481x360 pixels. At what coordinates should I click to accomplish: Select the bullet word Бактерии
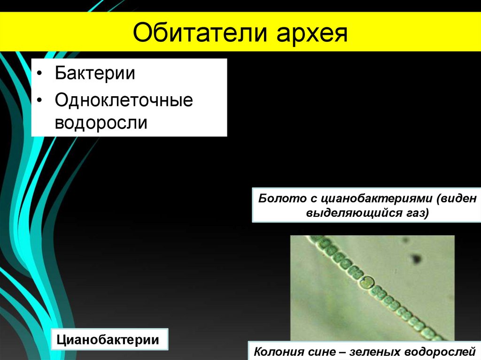point(95,74)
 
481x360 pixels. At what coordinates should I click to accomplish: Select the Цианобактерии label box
point(109,339)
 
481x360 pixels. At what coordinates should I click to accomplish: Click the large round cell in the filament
point(366,282)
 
